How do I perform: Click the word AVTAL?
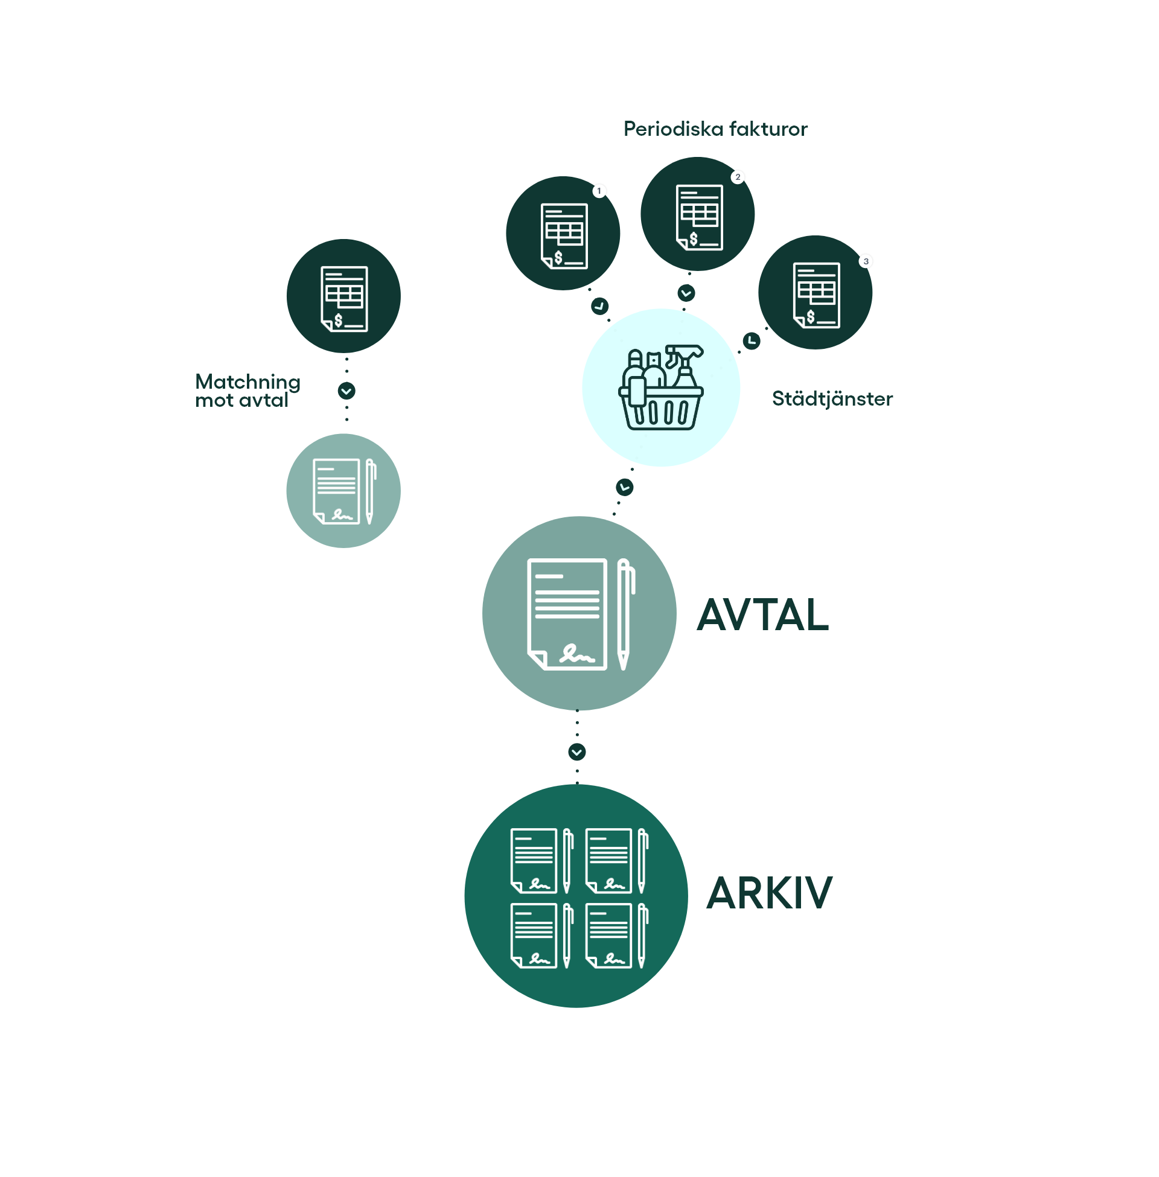pos(762,614)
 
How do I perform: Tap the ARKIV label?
pos(769,893)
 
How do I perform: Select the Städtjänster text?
pos(832,398)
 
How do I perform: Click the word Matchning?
pos(247,381)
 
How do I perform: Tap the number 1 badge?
pos(599,191)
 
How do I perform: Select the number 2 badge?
pos(738,177)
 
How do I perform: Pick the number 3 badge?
pos(866,261)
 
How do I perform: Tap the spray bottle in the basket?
pos(685,365)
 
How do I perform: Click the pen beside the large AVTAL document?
pos(625,613)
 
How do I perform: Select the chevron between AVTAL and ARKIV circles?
pos(577,752)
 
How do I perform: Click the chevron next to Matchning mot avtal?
pos(346,391)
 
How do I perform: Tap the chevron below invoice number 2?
pos(686,293)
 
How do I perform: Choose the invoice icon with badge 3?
pos(816,295)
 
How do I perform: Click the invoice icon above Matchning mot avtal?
pos(344,298)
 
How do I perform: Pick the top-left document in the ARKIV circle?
pos(534,860)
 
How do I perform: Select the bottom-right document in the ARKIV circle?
pos(608,936)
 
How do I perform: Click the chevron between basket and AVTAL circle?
pos(625,487)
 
